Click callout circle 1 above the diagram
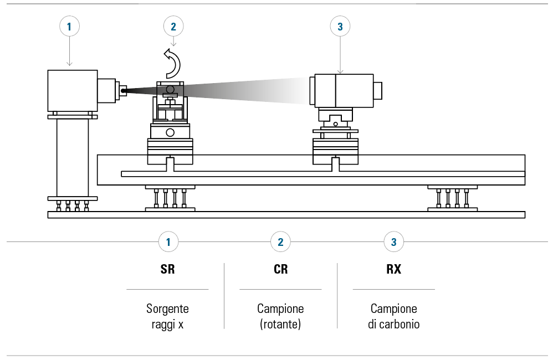point(69,26)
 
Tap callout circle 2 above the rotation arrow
point(173,26)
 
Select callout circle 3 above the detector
point(340,26)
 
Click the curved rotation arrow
point(172,62)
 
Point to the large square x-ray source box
point(73,91)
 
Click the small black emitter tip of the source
point(124,90)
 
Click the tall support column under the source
point(73,157)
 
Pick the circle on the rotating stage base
point(170,132)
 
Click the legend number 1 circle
point(168,242)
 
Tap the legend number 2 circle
point(280,242)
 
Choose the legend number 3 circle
point(393,242)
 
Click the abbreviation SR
point(167,270)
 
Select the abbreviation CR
point(280,270)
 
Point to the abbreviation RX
point(393,270)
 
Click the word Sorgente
point(167,308)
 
